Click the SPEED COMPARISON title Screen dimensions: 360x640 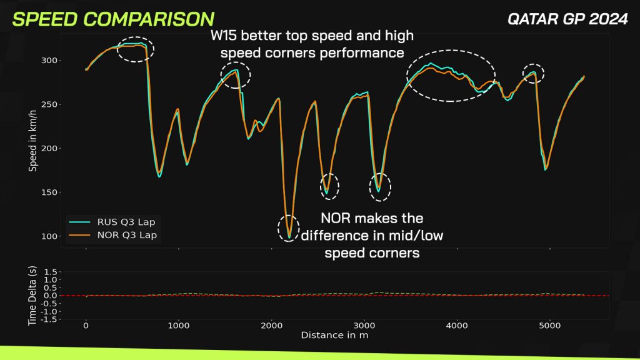pyautogui.click(x=113, y=19)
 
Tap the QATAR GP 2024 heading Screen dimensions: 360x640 pyautogui.click(x=567, y=19)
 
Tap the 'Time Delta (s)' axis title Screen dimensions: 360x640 pyautogui.click(x=32, y=295)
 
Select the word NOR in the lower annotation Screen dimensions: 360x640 pyautogui.click(x=337, y=219)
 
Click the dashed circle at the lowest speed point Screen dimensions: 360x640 pyautogui.click(x=288, y=227)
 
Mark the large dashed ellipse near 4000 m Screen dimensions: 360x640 pyautogui.click(x=451, y=75)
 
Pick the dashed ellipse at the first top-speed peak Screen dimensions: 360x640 pyautogui.click(x=136, y=49)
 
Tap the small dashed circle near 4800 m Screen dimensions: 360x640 pyautogui.click(x=533, y=74)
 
